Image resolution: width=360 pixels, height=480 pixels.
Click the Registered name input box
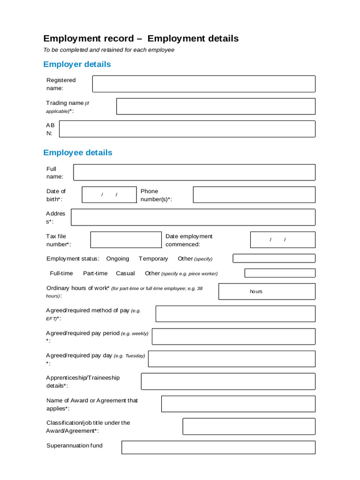[x=203, y=84]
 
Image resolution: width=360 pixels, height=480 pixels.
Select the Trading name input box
[x=216, y=106]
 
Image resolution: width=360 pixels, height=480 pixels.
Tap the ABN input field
[x=187, y=129]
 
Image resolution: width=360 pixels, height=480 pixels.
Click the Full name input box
[x=194, y=172]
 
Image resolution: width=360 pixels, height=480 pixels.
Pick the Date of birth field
[x=109, y=195]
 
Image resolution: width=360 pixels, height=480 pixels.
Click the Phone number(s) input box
[x=254, y=195]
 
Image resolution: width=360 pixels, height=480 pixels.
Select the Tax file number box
[x=126, y=240]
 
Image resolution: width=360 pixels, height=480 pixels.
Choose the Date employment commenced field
[x=283, y=240]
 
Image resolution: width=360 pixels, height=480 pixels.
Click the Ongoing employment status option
[x=118, y=259]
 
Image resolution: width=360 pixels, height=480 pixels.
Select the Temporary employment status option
[x=153, y=259]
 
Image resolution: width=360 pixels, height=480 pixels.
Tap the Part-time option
[x=95, y=273]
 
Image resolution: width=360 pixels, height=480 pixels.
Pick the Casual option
[x=125, y=273]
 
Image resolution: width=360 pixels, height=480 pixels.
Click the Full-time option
[x=61, y=273]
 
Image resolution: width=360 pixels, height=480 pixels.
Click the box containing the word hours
[x=267, y=292]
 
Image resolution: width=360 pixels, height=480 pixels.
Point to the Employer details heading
[x=77, y=64]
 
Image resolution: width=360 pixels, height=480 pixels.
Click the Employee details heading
[x=78, y=152]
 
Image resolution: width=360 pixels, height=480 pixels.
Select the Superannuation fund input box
[x=218, y=447]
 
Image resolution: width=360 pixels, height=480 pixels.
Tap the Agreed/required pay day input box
[x=232, y=359]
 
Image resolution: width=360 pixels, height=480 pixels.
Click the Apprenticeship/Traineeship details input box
[x=228, y=382]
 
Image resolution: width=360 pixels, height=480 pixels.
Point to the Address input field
[x=193, y=217]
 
